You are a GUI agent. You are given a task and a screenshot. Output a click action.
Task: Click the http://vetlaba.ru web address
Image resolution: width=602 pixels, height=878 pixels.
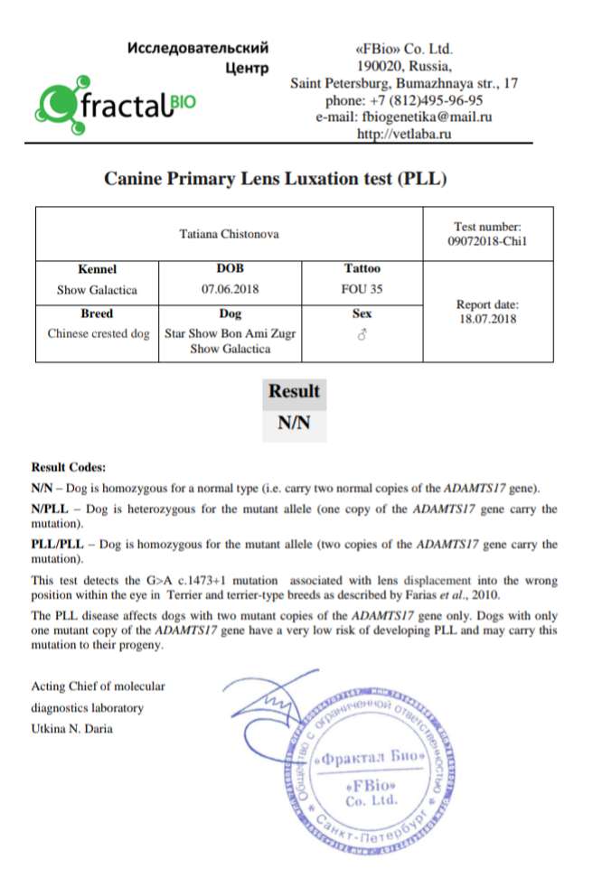click(403, 135)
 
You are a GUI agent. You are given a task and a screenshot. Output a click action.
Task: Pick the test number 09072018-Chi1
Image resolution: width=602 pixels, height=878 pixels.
click(486, 242)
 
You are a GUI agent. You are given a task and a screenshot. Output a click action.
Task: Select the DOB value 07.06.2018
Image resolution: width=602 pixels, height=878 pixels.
click(230, 290)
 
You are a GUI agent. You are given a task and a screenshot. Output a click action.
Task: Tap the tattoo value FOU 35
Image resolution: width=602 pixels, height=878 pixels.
click(362, 290)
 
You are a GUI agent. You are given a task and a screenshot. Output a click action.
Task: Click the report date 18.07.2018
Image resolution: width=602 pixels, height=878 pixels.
click(487, 320)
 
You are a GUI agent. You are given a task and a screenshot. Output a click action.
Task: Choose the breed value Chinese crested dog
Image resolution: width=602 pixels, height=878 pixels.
click(99, 333)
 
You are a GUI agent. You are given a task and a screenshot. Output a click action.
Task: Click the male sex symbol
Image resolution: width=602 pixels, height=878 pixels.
click(362, 334)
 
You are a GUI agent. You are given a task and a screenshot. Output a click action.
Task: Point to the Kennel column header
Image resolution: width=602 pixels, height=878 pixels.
click(98, 269)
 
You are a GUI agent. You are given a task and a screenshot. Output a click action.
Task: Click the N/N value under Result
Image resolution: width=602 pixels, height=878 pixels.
click(294, 424)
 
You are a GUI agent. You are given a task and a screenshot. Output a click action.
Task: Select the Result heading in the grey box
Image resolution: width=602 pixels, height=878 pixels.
click(294, 391)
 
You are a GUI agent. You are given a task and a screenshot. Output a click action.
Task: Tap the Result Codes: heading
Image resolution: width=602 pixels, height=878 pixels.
click(69, 467)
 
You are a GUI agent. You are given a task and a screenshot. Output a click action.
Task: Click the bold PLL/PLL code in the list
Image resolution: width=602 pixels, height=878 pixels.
click(60, 545)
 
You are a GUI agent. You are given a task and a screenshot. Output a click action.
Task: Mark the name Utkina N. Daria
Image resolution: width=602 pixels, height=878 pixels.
click(72, 729)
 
